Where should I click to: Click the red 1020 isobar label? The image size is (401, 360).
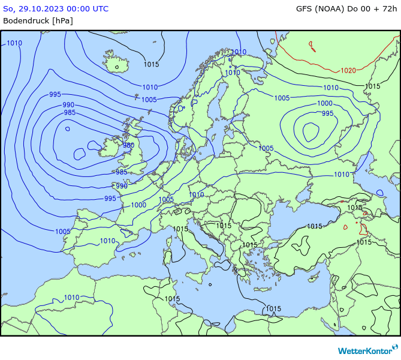pyautogui.click(x=348, y=70)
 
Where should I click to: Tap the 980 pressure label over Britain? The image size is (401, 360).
pyautogui.click(x=128, y=145)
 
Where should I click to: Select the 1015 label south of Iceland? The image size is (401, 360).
pyautogui.click(x=151, y=64)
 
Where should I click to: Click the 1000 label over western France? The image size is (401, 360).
pyautogui.click(x=138, y=205)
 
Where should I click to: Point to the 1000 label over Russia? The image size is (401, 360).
pyautogui.click(x=325, y=104)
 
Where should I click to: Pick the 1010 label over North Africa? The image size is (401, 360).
pyautogui.click(x=71, y=298)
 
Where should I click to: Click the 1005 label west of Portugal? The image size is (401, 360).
pyautogui.click(x=62, y=232)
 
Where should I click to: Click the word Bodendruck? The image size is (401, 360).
pyautogui.click(x=26, y=20)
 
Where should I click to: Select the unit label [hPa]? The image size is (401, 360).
pyautogui.click(x=62, y=20)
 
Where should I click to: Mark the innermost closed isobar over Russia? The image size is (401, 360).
pyautogui.click(x=310, y=130)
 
